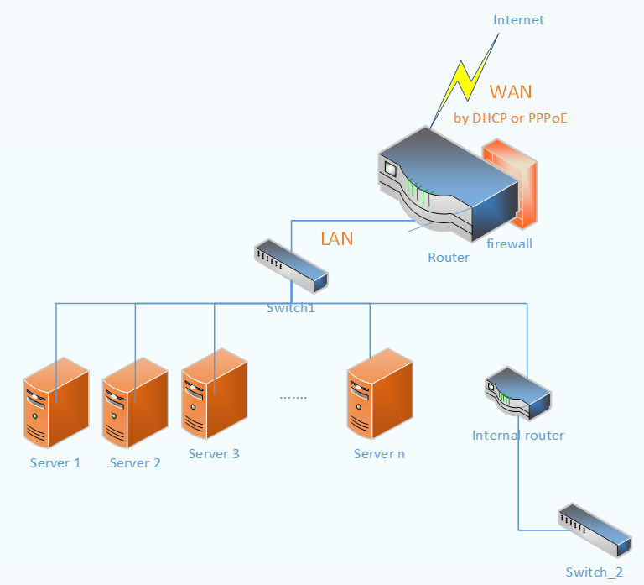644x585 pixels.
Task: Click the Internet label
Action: (x=518, y=20)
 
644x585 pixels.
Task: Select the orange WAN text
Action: (x=511, y=91)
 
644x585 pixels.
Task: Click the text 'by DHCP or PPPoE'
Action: (x=510, y=118)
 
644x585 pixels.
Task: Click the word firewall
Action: (x=510, y=244)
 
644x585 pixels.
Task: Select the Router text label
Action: (x=449, y=258)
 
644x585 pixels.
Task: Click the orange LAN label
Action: (x=337, y=239)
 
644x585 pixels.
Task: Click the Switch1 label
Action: (x=291, y=308)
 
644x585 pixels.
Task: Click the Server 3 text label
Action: (x=214, y=454)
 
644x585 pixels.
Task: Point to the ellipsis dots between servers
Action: (x=293, y=395)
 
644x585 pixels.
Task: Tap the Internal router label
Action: (x=518, y=436)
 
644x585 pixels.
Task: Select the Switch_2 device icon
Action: (x=594, y=529)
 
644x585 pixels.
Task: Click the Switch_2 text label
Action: (x=594, y=572)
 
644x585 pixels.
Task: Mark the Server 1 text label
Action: (x=55, y=463)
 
